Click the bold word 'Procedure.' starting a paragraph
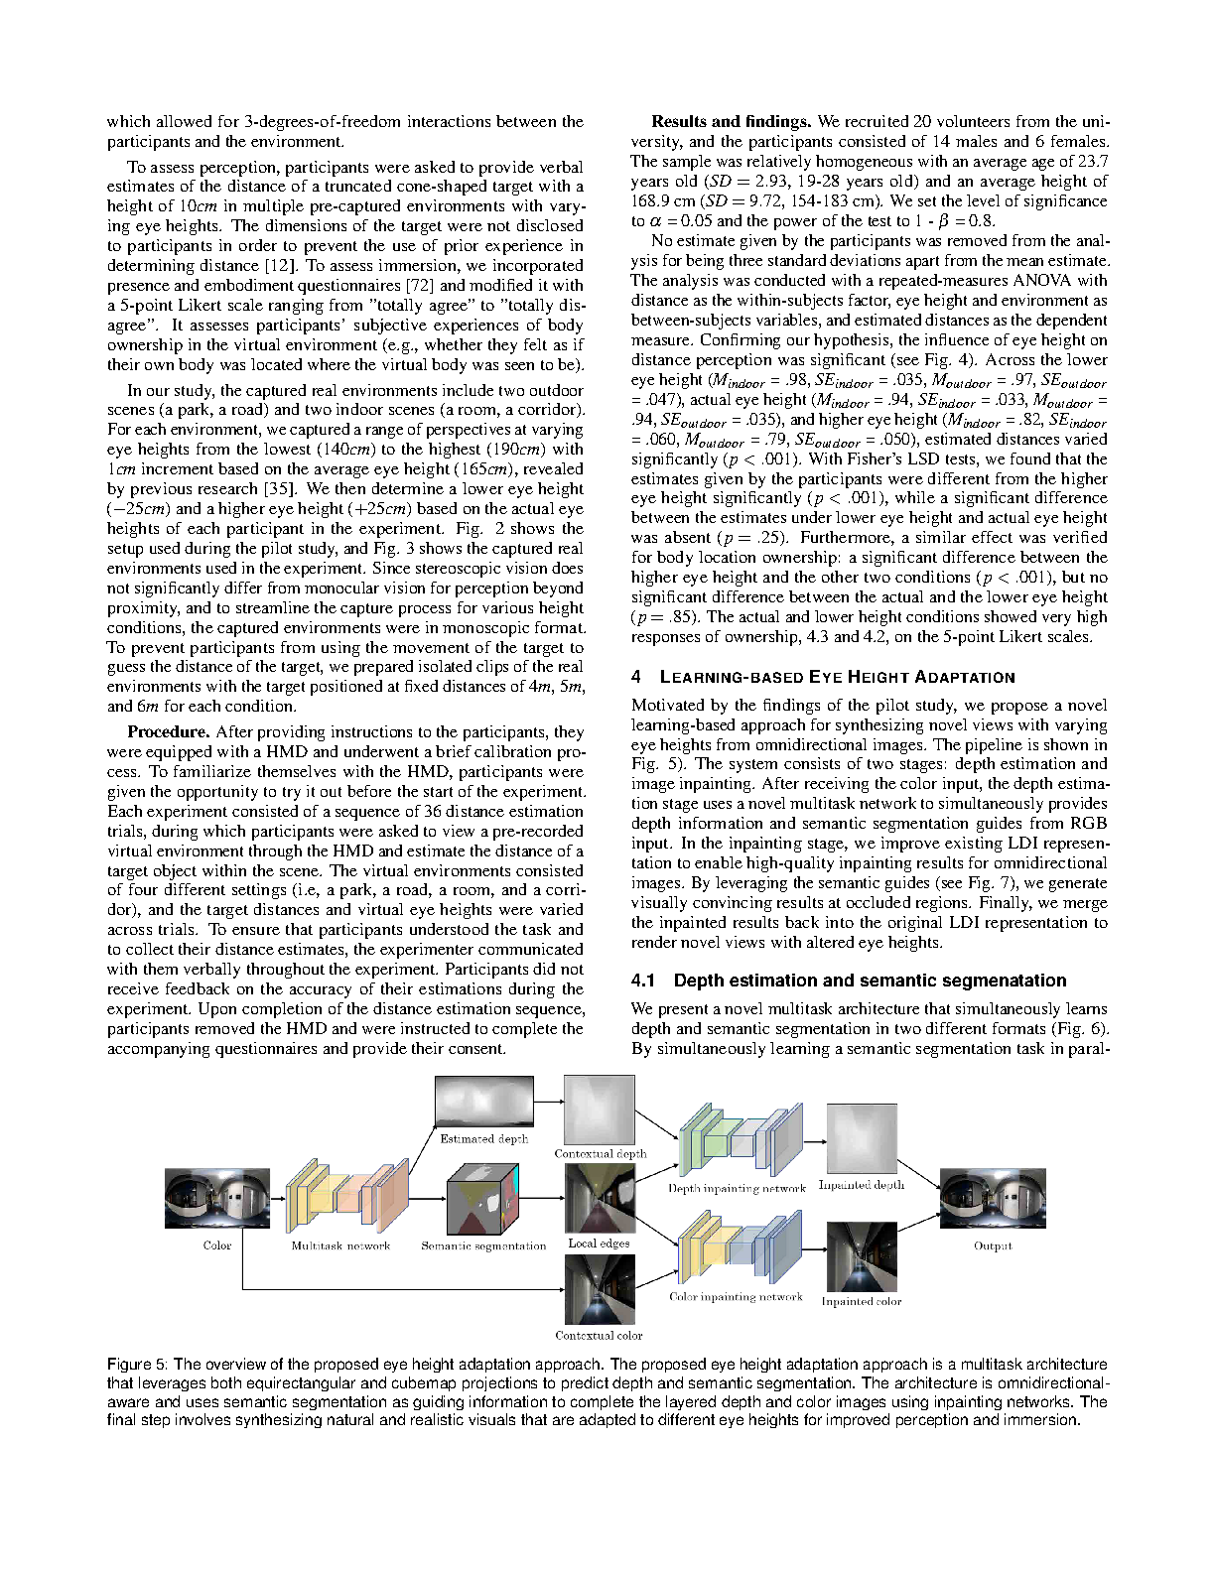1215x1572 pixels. tap(167, 732)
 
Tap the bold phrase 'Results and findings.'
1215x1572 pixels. tap(732, 122)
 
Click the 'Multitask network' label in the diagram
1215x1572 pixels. tap(340, 1245)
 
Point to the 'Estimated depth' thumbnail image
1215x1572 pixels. tap(483, 1103)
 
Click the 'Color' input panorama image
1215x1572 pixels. tap(217, 1198)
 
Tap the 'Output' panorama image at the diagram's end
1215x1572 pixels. tap(993, 1198)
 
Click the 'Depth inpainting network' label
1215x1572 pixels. tap(736, 1188)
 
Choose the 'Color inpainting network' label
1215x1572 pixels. tap(736, 1297)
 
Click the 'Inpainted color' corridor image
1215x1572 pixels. tap(862, 1255)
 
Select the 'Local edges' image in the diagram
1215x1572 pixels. tap(599, 1198)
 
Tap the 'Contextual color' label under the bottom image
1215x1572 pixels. tap(599, 1335)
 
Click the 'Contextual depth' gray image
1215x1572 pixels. tap(599, 1110)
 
